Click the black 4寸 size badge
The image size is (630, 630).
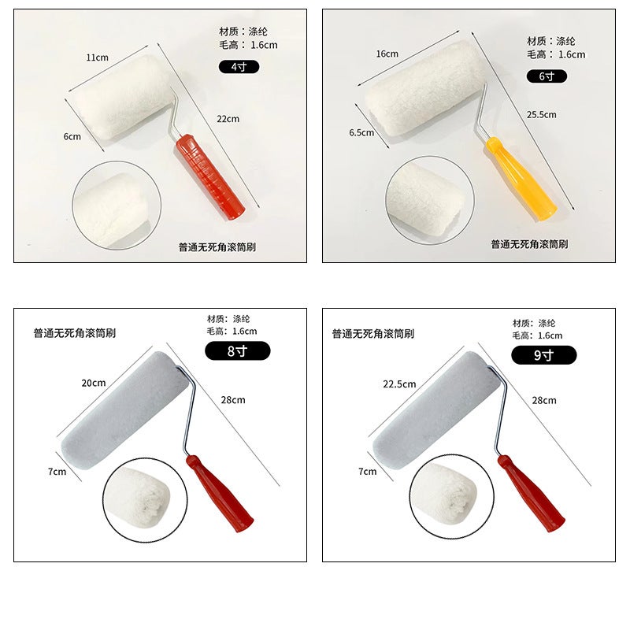tap(239, 67)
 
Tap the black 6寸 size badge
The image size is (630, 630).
tap(547, 76)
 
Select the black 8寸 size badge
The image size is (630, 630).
tap(237, 351)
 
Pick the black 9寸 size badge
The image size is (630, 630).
tap(543, 354)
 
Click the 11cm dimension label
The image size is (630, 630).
tap(97, 57)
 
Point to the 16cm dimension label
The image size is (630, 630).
tap(387, 54)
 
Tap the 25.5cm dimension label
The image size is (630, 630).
tap(542, 114)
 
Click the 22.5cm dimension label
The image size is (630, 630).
tap(398, 384)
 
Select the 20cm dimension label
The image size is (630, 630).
tap(93, 383)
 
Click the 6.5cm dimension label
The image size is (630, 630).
tap(361, 132)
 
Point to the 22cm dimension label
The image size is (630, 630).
tap(228, 119)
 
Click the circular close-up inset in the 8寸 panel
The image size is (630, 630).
tap(144, 499)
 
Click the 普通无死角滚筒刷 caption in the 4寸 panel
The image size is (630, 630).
tap(217, 247)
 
